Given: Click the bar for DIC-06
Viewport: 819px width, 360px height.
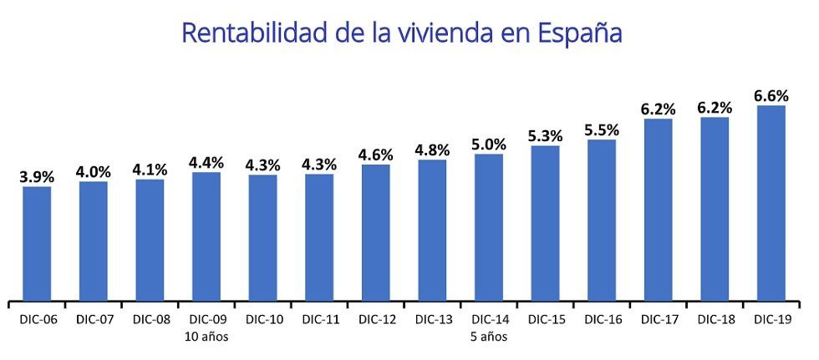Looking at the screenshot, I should tap(37, 243).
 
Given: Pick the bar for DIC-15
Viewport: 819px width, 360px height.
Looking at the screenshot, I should tap(545, 223).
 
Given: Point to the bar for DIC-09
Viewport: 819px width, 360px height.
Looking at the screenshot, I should tap(206, 236).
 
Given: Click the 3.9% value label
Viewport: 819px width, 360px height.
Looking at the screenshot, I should tap(37, 176).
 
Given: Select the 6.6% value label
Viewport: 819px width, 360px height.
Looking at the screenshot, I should tap(771, 95).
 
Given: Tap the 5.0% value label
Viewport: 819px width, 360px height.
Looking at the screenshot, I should tap(489, 145).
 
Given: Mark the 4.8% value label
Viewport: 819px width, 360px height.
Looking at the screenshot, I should tap(432, 150).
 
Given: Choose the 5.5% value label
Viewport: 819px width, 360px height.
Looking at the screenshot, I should tap(602, 130).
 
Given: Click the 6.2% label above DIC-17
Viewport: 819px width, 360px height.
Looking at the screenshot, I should tap(658, 109).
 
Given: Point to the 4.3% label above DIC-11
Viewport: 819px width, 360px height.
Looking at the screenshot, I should tap(319, 165).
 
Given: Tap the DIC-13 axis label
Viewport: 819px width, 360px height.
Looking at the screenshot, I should tap(432, 320).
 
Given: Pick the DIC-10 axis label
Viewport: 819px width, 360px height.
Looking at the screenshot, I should tap(262, 320).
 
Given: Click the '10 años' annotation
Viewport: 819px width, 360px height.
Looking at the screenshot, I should tap(206, 337).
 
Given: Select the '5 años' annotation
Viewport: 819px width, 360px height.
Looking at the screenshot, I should tap(489, 337).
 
